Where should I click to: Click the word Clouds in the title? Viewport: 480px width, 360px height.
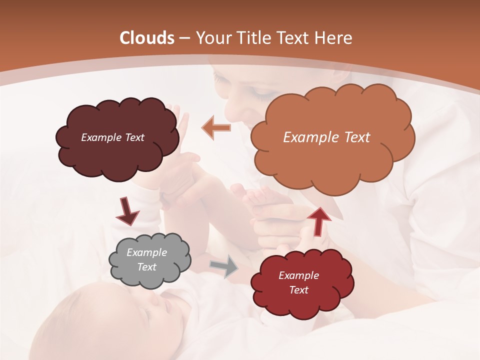point(147,38)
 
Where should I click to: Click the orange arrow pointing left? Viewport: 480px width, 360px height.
point(216,127)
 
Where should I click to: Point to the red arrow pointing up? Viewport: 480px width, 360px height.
point(318,220)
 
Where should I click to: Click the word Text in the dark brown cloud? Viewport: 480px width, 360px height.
point(133,137)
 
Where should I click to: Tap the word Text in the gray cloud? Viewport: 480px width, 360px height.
point(147,267)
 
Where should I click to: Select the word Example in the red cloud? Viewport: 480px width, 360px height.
point(298,275)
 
